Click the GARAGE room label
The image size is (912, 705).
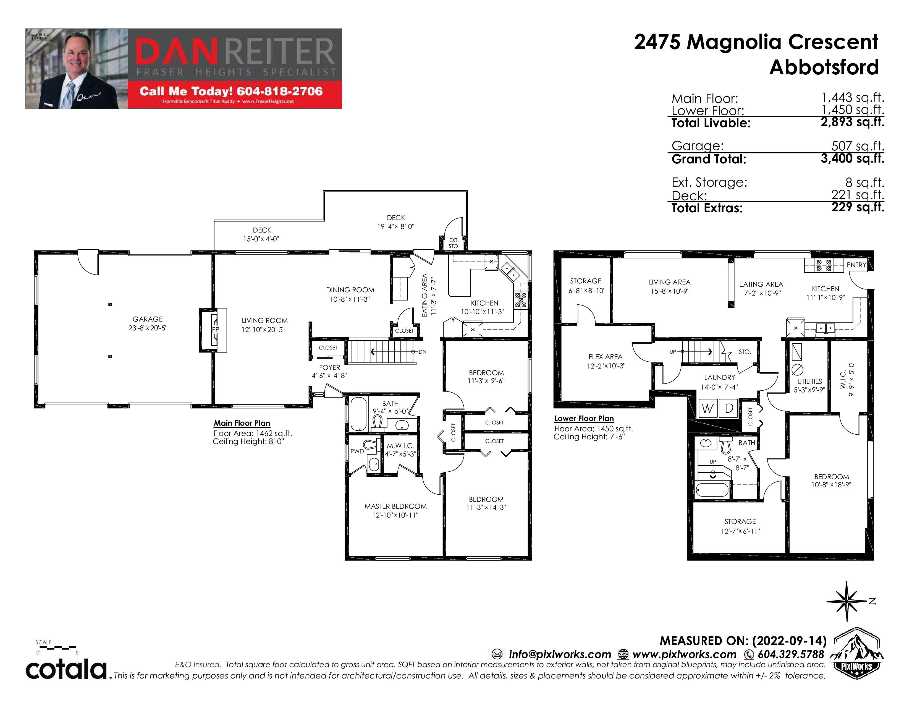pyautogui.click(x=147, y=319)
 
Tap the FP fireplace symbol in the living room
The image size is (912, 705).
pyautogui.click(x=215, y=329)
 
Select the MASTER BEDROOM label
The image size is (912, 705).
pyautogui.click(x=395, y=506)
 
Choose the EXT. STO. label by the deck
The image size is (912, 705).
pyautogui.click(x=454, y=243)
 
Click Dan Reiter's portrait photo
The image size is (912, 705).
pyautogui.click(x=77, y=69)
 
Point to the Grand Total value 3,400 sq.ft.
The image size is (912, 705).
pyautogui.click(x=852, y=158)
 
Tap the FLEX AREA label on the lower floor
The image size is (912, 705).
pyautogui.click(x=606, y=357)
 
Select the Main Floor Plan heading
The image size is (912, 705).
pyautogui.click(x=242, y=423)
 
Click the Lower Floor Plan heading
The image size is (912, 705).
pyautogui.click(x=584, y=419)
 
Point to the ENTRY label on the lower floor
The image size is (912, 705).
pyautogui.click(x=856, y=265)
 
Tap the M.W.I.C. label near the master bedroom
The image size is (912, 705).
pyautogui.click(x=400, y=446)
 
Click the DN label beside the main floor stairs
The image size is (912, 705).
pyautogui.click(x=423, y=352)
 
